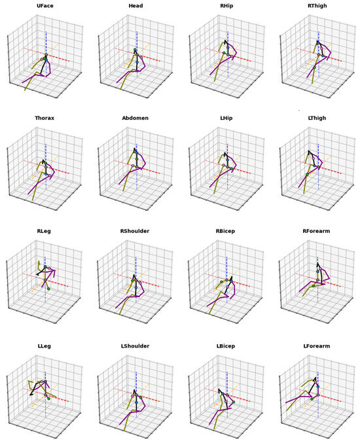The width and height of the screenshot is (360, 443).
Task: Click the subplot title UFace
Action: [x=45, y=7]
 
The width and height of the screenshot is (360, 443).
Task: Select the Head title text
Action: [x=136, y=7]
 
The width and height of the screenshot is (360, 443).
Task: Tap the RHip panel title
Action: [x=226, y=7]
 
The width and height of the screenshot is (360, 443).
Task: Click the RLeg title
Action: [x=45, y=233]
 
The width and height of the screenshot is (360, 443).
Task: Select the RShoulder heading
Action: [x=136, y=233]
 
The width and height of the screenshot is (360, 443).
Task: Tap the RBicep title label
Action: [x=226, y=233]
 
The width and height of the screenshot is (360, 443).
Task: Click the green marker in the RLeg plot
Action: [x=48, y=289]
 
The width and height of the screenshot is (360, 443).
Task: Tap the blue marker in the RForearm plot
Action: [x=317, y=270]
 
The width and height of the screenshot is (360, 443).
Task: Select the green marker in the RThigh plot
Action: [x=314, y=67]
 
